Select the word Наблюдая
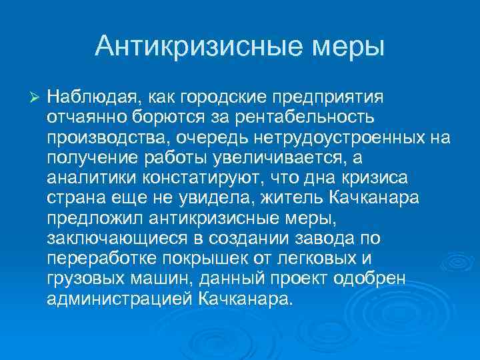coord(91,98)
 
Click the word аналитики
coord(89,178)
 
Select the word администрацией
coord(120,298)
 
